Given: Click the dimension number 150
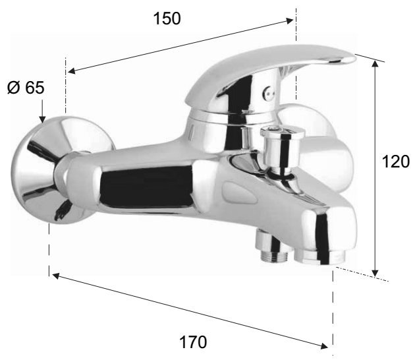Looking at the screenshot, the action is (167, 18).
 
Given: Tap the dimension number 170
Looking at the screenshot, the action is (193, 342).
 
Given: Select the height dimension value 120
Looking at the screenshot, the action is (396, 162).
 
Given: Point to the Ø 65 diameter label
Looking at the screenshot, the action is (26, 88).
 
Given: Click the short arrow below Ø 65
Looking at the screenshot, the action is (41, 111).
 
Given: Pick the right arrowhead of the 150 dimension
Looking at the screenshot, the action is (289, 21).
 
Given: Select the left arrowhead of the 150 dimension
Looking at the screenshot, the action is (72, 71).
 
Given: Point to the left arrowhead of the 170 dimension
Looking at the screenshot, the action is (57, 276).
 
